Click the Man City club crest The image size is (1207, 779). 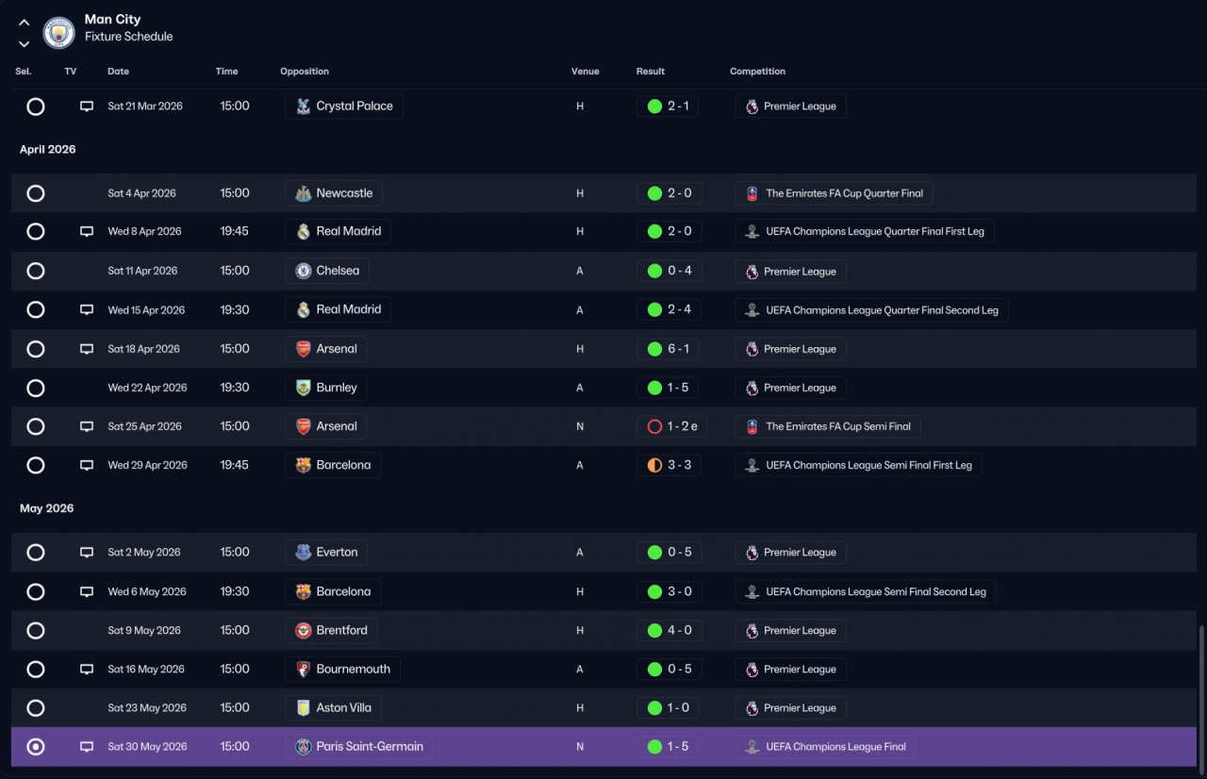[x=58, y=33]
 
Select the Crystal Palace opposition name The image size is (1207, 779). [x=354, y=107]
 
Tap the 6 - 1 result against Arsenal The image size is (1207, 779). [x=678, y=349]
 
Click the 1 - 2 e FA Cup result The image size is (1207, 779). [x=682, y=426]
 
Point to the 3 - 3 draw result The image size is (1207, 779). [x=680, y=465]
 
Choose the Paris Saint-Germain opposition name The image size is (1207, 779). [x=370, y=746]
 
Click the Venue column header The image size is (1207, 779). [x=586, y=71]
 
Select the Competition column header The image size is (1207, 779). [x=757, y=71]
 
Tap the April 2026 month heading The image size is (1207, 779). [x=47, y=149]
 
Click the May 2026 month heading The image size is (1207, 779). [x=46, y=508]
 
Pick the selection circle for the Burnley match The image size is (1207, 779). [x=36, y=388]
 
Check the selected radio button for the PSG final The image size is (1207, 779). [x=36, y=747]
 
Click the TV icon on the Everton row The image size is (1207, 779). [x=86, y=553]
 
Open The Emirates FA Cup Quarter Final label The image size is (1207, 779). [x=844, y=193]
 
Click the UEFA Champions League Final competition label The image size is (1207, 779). [x=835, y=747]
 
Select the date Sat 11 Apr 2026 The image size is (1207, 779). [x=142, y=271]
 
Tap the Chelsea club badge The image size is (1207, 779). [x=304, y=271]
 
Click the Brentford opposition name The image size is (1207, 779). [x=341, y=630]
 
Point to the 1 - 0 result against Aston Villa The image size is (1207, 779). [x=678, y=707]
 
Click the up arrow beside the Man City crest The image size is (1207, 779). [x=24, y=23]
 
